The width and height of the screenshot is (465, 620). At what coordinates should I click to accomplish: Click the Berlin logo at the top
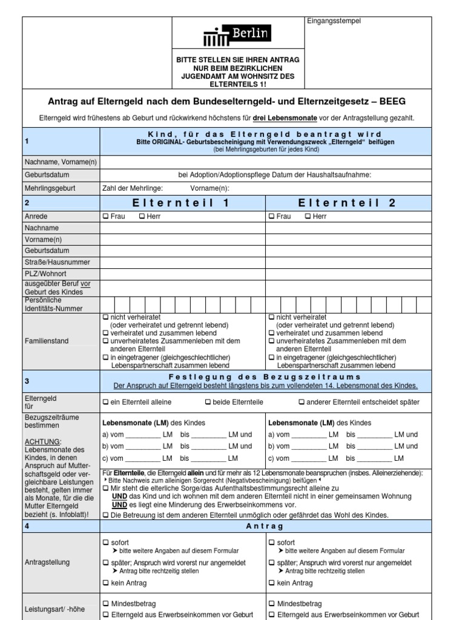tap(237, 35)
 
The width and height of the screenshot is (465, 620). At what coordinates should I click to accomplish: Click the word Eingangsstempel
tap(334, 21)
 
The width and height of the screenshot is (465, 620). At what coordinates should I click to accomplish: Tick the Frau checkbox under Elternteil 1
tap(105, 216)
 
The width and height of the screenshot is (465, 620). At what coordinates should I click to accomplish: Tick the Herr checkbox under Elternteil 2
tap(308, 216)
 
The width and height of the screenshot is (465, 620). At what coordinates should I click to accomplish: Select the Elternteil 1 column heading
tap(183, 203)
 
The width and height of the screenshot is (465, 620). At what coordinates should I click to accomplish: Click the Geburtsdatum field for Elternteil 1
tap(183, 251)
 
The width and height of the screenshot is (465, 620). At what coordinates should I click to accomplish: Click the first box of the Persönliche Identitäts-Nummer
tap(107, 304)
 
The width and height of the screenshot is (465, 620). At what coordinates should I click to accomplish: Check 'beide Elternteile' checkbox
tap(208, 402)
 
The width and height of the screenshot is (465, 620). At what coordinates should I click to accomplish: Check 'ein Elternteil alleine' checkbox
tap(105, 402)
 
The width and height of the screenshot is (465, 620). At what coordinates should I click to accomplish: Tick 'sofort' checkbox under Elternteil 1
tap(105, 542)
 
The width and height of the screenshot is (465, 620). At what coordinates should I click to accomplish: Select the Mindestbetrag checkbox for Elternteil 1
tap(105, 604)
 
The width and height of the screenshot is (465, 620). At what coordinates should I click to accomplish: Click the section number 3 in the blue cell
tap(27, 381)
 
